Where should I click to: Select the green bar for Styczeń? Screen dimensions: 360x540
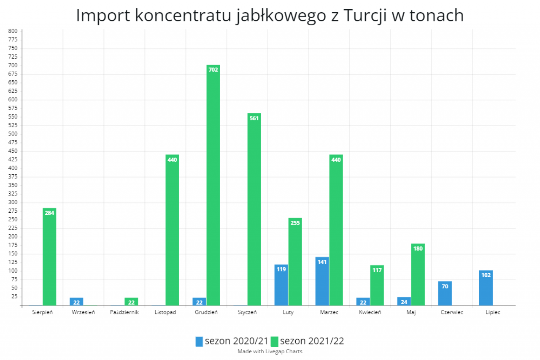click(x=254, y=209)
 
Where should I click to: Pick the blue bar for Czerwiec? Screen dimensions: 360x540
click(x=445, y=293)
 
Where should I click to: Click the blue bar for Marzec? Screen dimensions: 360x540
click(x=322, y=281)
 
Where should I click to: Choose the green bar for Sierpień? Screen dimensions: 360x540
click(x=49, y=257)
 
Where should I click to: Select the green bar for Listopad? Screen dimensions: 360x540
click(x=172, y=230)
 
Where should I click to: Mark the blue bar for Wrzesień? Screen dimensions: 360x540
click(x=76, y=301)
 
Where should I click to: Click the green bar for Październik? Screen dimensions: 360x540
click(x=131, y=301)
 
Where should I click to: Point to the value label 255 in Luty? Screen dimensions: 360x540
click(x=295, y=223)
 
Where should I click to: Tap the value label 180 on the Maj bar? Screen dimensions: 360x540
click(x=418, y=249)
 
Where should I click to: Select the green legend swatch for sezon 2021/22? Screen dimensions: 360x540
click(x=275, y=341)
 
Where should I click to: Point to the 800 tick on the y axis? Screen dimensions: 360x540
click(x=13, y=31)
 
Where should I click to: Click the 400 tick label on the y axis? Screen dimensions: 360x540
click(x=13, y=168)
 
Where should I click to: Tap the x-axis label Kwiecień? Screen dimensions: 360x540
click(x=370, y=312)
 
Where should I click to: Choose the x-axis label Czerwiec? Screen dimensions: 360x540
click(x=452, y=312)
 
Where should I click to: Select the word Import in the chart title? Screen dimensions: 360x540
click(x=103, y=16)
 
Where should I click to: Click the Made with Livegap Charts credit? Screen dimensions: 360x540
click(x=270, y=351)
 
